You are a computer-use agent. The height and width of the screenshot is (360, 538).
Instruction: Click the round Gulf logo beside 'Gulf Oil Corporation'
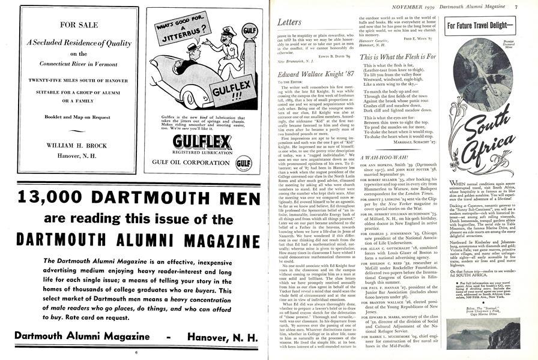(243, 162)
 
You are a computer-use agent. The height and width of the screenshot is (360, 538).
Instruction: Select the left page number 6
(136, 353)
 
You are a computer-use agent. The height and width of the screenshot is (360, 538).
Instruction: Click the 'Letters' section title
(289, 22)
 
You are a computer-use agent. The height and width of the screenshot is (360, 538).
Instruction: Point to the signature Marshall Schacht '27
(410, 142)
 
